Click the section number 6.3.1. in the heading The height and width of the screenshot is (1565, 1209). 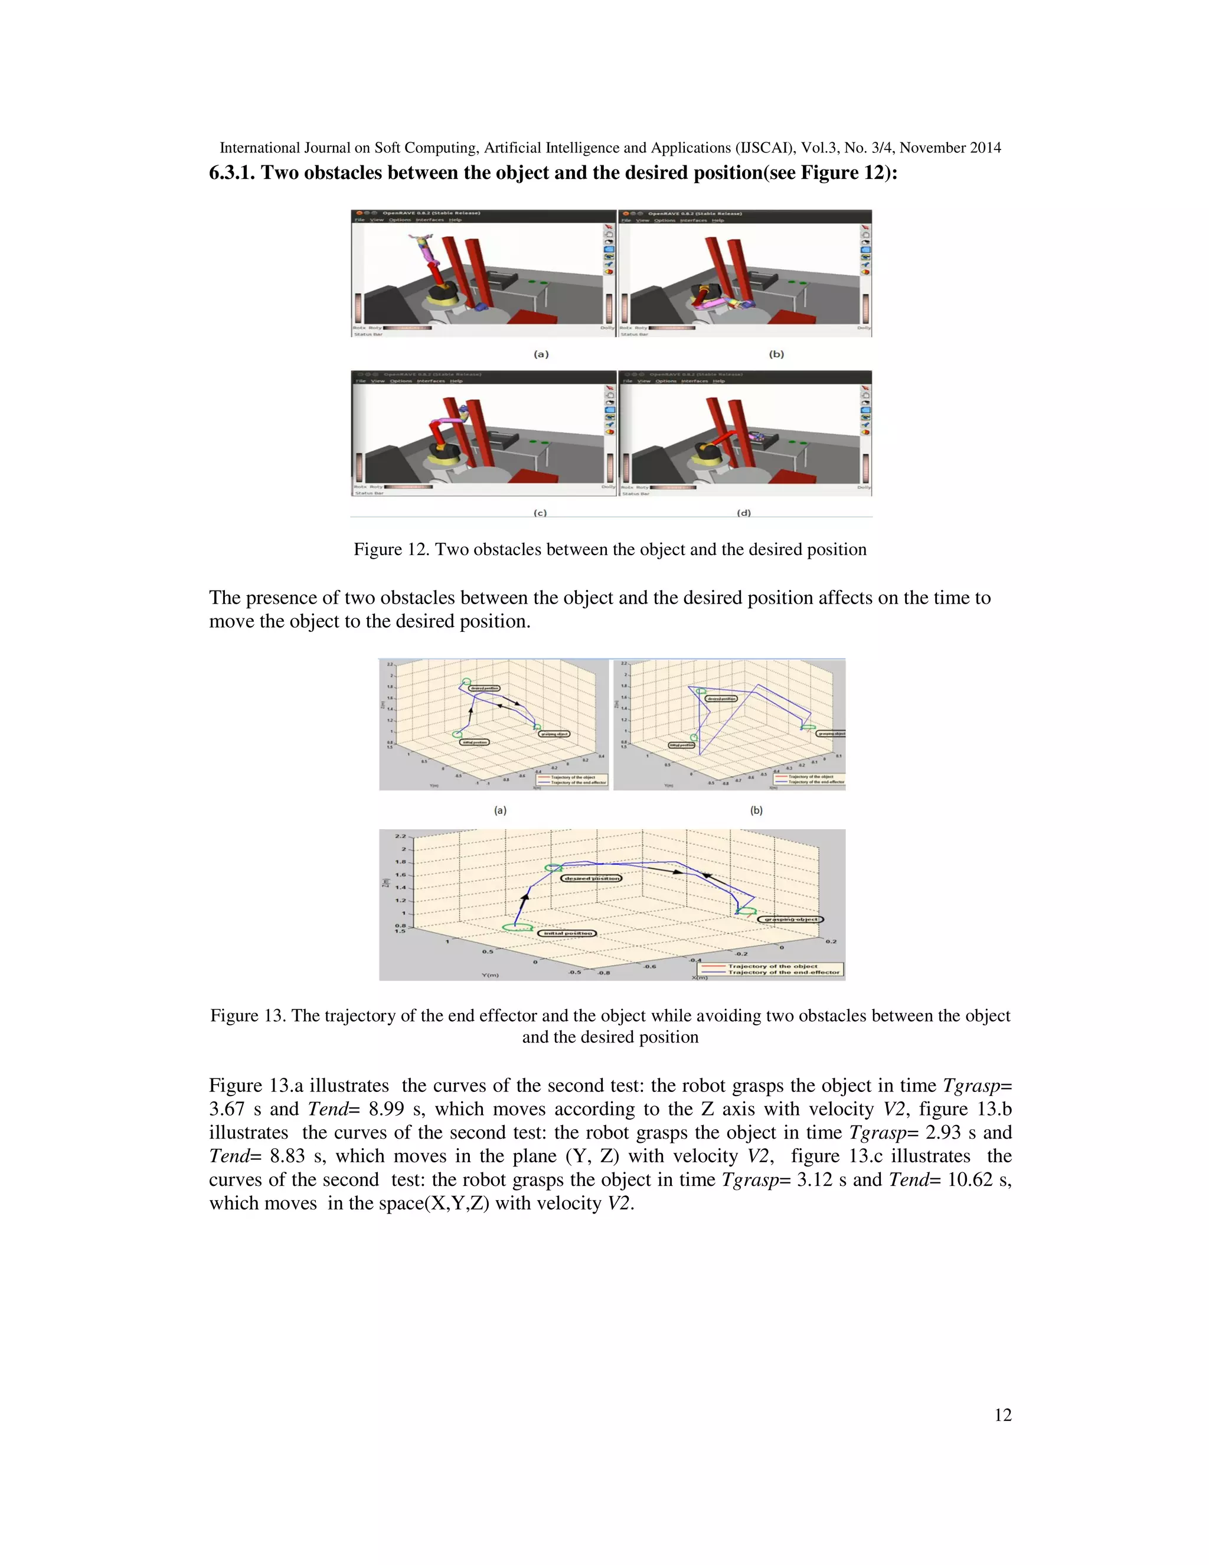[231, 172]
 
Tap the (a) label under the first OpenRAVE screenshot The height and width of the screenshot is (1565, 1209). [541, 354]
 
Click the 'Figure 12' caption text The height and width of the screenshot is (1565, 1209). [609, 550]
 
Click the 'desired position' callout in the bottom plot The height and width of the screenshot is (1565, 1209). [591, 878]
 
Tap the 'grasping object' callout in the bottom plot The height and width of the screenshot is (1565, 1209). [790, 920]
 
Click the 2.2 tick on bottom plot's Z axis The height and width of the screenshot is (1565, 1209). [400, 836]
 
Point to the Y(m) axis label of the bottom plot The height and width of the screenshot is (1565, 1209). [490, 974]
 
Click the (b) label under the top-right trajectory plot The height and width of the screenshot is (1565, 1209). [756, 810]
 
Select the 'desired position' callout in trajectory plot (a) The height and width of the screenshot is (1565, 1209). [485, 688]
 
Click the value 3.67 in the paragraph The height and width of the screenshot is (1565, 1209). [226, 1109]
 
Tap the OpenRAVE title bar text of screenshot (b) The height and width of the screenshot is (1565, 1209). [694, 214]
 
